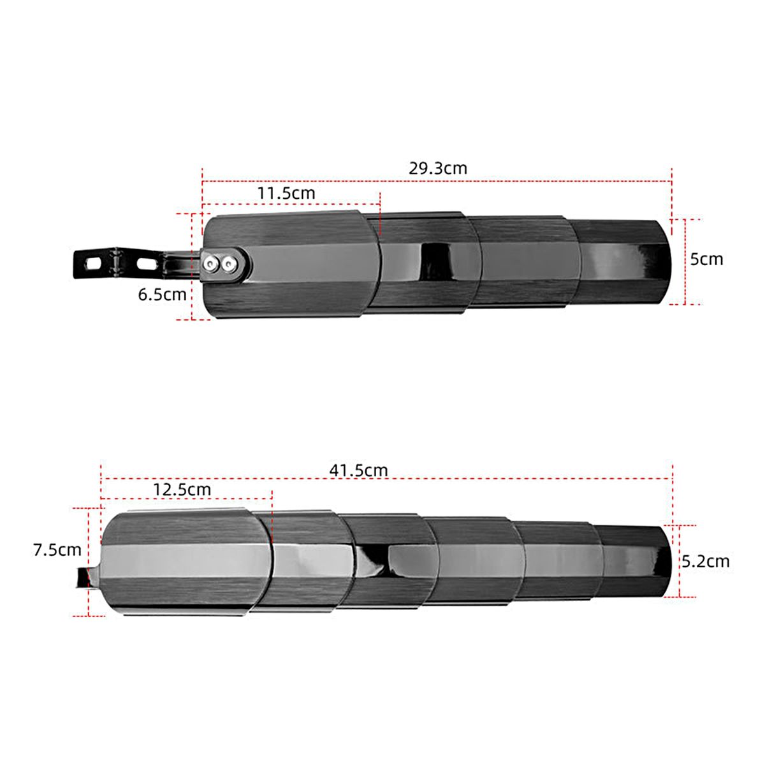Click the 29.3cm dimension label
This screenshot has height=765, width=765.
437,168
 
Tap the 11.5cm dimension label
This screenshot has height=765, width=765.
286,193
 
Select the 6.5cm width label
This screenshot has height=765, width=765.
162,295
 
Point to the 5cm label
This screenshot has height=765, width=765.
706,259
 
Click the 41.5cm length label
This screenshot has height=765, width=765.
358,470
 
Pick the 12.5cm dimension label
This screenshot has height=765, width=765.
182,490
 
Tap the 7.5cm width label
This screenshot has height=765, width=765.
57,550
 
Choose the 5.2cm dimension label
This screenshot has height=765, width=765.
706,562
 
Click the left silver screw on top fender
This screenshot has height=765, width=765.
210,263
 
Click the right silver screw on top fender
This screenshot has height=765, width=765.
228,263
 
